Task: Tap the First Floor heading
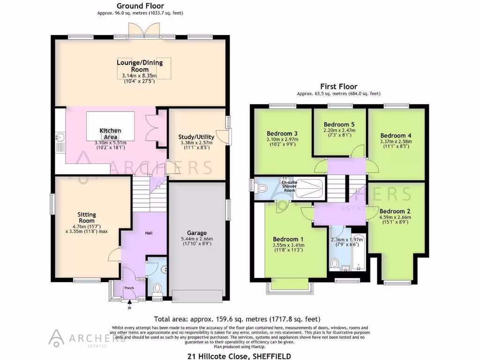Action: [x=338, y=86]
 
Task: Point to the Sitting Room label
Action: [x=87, y=217]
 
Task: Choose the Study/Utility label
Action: [x=196, y=137]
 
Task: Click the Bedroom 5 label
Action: [x=340, y=124]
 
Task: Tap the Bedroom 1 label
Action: [x=287, y=239]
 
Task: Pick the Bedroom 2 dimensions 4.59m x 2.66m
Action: [x=395, y=217]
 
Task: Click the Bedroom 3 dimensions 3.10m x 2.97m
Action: [x=282, y=140]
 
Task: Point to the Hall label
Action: [x=135, y=233]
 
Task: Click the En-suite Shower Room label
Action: [x=289, y=185]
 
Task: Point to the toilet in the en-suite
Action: [x=262, y=188]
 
